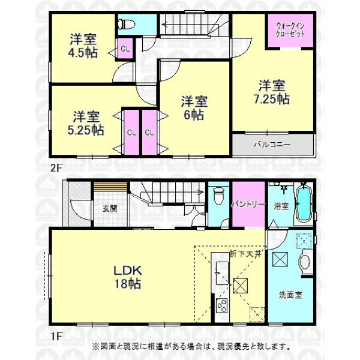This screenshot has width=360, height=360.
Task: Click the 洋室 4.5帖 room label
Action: pyautogui.click(x=83, y=46)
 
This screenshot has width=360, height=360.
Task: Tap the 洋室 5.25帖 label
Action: pyautogui.click(x=86, y=123)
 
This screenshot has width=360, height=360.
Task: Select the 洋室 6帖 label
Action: pyautogui.click(x=194, y=108)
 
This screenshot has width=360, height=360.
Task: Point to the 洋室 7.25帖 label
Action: pyautogui.click(x=272, y=92)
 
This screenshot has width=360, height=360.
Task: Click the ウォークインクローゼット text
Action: pyautogui.click(x=290, y=30)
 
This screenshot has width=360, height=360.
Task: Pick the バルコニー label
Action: pyautogui.click(x=272, y=145)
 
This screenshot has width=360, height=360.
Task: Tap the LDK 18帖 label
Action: pyautogui.click(x=128, y=277)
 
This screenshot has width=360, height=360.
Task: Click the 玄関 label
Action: pyautogui.click(x=110, y=209)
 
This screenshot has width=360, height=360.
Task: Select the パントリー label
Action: pyautogui.click(x=248, y=204)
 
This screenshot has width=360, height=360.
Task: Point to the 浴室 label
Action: pyautogui.click(x=281, y=206)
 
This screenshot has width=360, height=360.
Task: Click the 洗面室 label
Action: pyautogui.click(x=290, y=295)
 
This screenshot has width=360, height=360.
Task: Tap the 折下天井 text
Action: pyautogui.click(x=245, y=254)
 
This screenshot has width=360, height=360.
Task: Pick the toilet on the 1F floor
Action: pyautogui.click(x=218, y=196)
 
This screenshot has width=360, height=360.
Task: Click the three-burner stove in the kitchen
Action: pyautogui.click(x=222, y=306)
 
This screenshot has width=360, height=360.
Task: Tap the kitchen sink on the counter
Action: pyautogui.click(x=222, y=273)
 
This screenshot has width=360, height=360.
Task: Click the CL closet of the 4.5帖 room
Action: pyautogui.click(x=125, y=49)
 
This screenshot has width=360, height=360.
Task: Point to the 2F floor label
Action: pyautogui.click(x=56, y=168)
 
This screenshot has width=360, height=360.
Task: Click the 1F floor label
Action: pyautogui.click(x=56, y=337)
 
